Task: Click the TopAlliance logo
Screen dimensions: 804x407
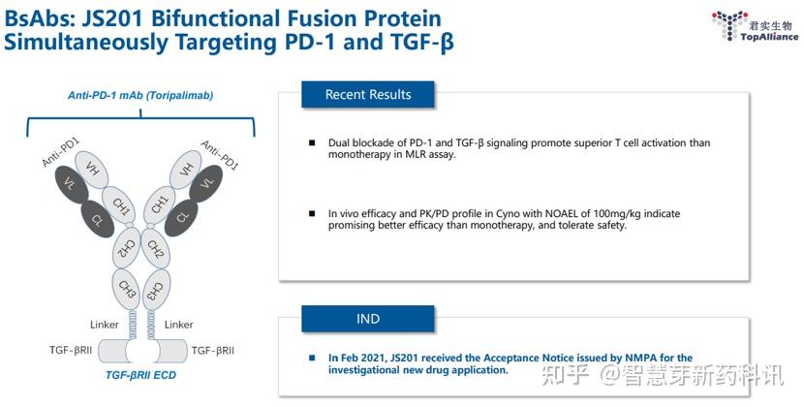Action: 755,26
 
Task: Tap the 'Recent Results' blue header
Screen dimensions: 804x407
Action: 368,94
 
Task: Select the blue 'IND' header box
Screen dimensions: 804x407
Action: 368,319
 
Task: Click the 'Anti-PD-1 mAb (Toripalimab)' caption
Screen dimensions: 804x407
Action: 140,96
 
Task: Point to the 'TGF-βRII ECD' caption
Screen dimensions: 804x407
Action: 140,375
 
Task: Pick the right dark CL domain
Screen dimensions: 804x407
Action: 181,218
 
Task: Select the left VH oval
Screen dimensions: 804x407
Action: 92,170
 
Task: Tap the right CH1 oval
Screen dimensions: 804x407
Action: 160,204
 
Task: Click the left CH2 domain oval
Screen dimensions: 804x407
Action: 127,248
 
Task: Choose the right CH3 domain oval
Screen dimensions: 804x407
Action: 156,290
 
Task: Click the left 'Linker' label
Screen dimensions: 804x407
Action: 104,325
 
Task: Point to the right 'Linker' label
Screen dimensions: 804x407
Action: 178,325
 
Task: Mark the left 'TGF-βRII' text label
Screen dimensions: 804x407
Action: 71,350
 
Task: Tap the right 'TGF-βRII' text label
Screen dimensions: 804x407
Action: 213,350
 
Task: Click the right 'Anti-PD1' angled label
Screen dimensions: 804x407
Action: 220,155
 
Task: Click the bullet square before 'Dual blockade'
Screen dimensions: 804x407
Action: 312,142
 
